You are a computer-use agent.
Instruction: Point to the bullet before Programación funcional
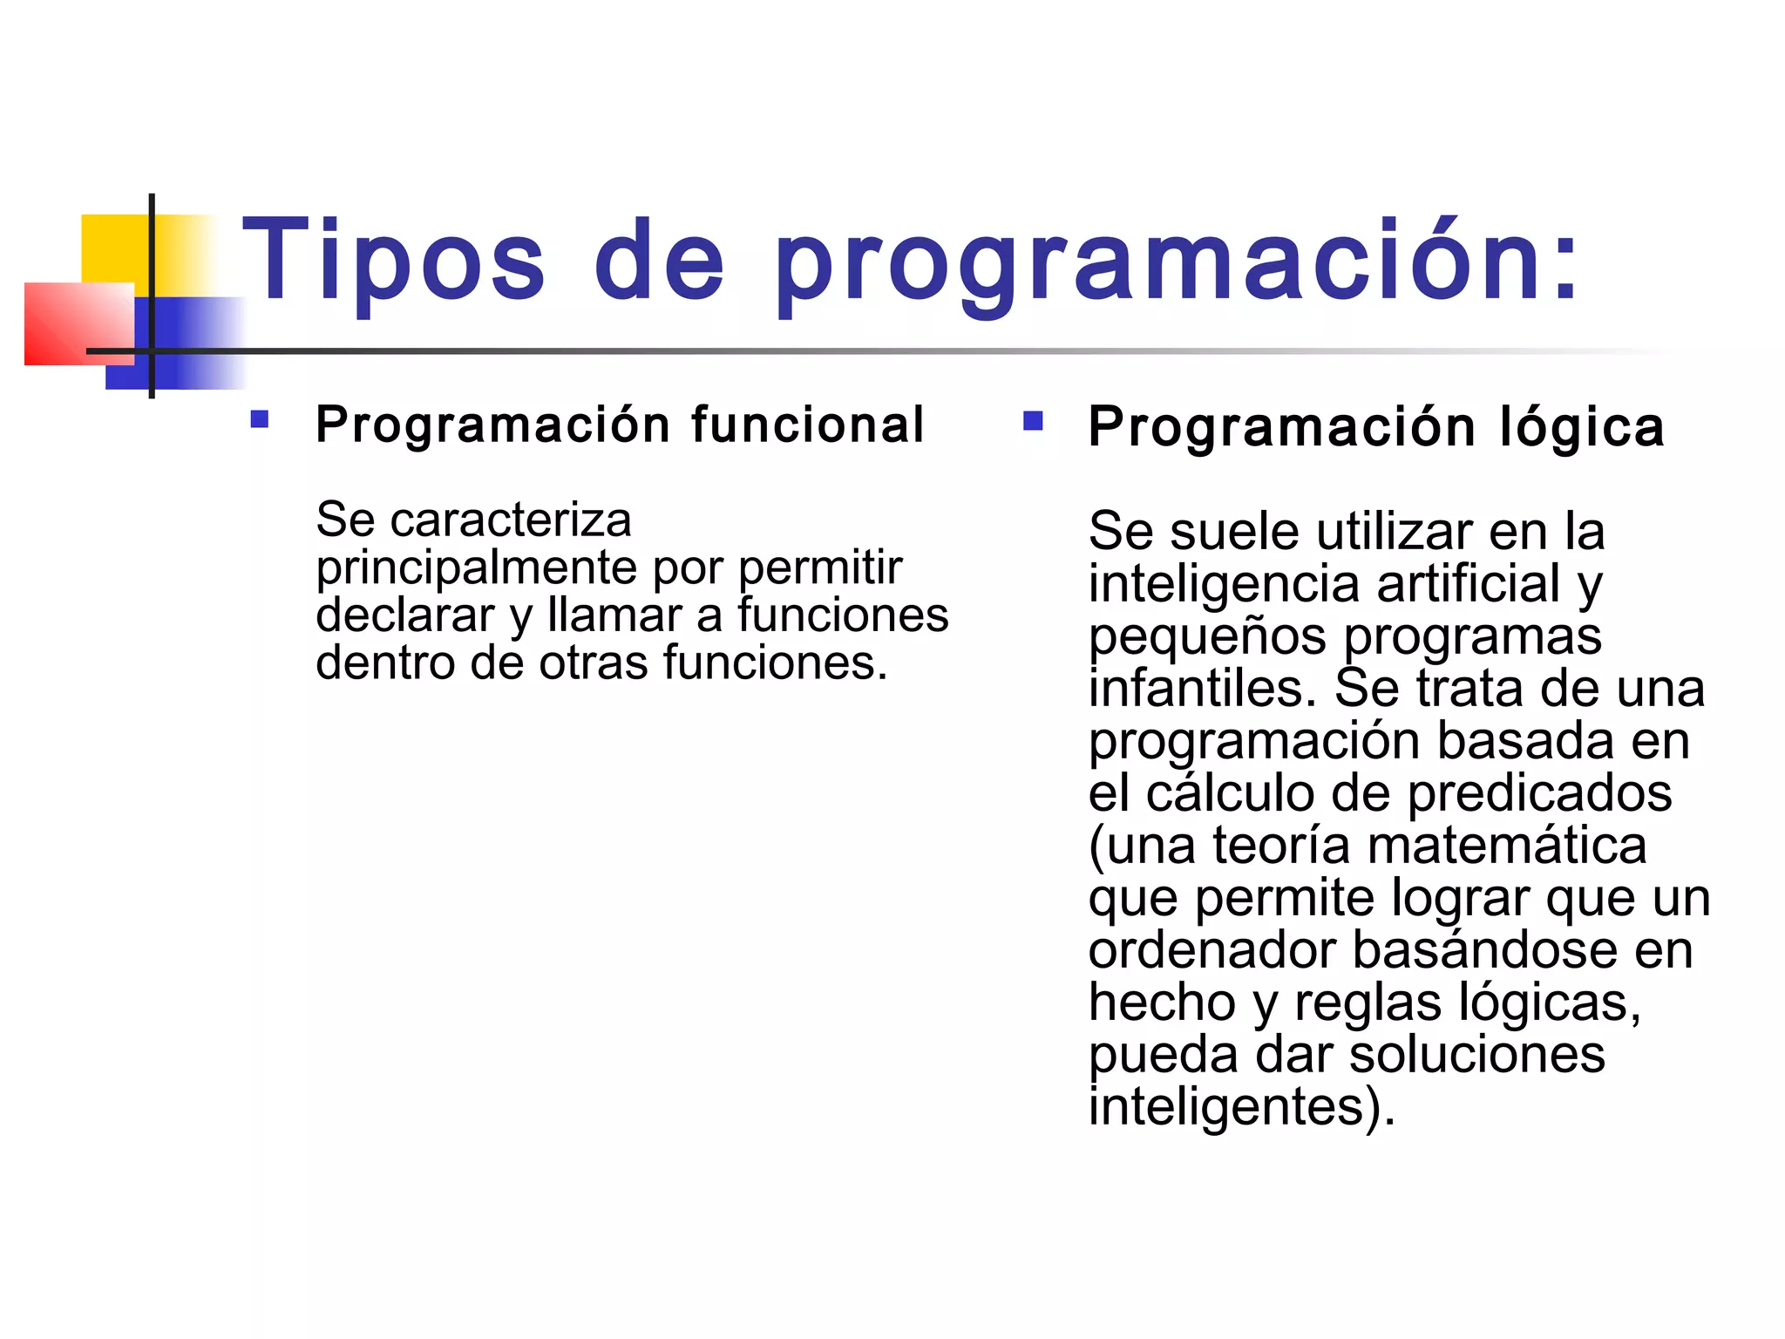(259, 420)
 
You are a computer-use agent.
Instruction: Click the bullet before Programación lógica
(1033, 422)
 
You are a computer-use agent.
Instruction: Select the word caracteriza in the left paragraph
(510, 520)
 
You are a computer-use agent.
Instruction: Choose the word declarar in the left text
(405, 615)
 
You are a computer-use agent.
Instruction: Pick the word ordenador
(1212, 950)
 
